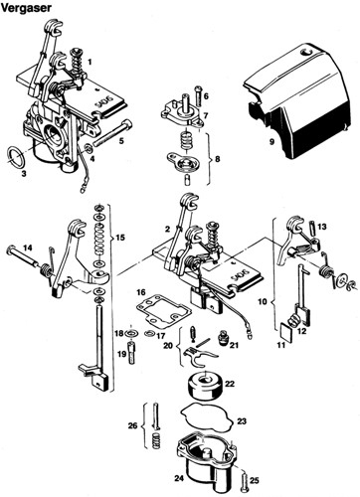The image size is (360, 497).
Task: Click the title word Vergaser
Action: (26, 8)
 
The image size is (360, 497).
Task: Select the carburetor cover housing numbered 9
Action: (296, 102)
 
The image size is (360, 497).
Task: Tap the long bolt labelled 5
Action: (112, 133)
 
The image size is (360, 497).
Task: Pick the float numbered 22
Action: (205, 385)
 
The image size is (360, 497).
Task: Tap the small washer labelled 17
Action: (149, 333)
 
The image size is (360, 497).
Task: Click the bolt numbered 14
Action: (22, 257)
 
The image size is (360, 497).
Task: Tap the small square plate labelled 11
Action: (284, 331)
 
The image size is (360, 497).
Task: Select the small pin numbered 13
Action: (312, 228)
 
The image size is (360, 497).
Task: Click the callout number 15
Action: (120, 238)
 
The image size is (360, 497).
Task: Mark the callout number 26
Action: (132, 425)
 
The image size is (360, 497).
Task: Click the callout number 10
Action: (263, 301)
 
